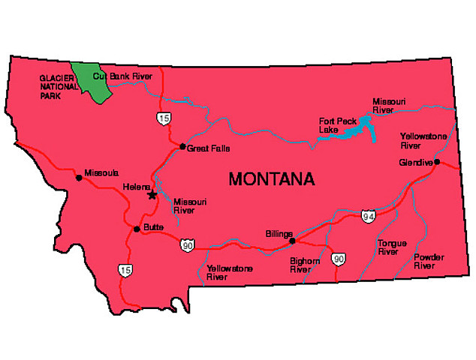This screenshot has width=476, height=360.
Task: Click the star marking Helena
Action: (x=152, y=195)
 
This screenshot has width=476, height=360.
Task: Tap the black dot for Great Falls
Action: (x=182, y=146)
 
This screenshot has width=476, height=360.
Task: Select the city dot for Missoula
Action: (x=79, y=178)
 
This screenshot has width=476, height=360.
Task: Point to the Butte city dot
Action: (x=136, y=229)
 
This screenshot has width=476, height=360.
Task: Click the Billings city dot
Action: (x=292, y=241)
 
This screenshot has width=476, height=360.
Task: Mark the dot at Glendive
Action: (x=437, y=162)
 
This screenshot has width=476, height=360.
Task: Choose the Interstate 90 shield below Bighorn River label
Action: (x=339, y=259)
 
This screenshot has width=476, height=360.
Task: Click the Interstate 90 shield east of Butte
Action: (x=185, y=244)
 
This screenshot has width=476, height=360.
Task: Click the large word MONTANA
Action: (x=272, y=179)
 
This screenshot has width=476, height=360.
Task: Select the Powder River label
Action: (x=429, y=261)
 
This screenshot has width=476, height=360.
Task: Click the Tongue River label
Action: (x=390, y=248)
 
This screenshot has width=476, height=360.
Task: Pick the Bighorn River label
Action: (x=305, y=265)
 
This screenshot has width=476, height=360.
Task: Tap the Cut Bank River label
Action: (x=122, y=76)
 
